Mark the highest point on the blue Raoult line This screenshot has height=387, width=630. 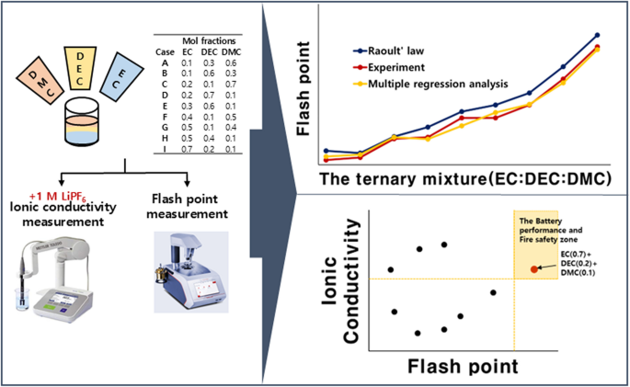(598, 35)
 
